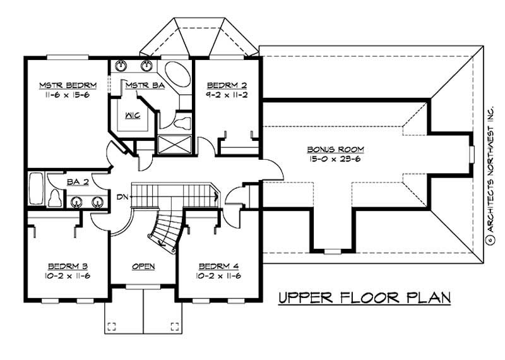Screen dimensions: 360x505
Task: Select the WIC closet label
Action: point(132,116)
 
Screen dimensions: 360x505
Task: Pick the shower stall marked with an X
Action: point(173,144)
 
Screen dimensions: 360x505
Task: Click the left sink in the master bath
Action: point(121,65)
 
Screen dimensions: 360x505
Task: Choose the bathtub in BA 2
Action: point(35,189)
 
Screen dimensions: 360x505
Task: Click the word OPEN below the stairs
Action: point(143,266)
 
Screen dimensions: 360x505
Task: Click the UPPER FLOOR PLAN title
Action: point(365,297)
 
